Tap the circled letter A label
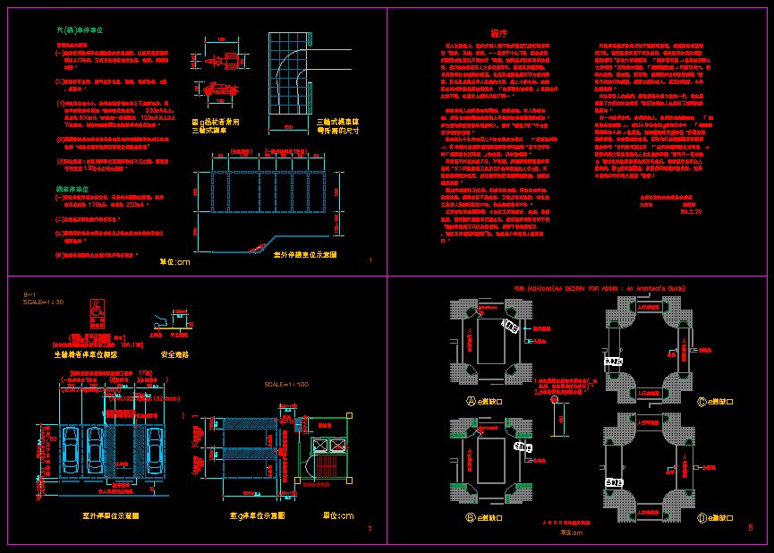coord(471,402)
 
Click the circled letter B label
coord(471,517)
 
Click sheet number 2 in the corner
coord(370,528)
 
